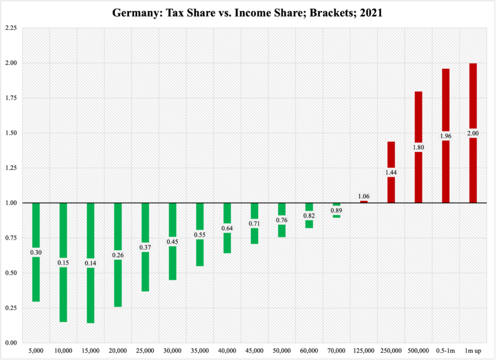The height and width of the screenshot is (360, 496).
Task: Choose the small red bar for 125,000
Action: [x=364, y=202]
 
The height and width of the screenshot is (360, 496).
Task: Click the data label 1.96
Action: [x=446, y=136]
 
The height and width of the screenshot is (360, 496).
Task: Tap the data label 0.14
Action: [x=91, y=264]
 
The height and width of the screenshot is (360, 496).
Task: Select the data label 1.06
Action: [x=364, y=196]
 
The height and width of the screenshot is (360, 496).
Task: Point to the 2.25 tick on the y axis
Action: [x=10, y=28]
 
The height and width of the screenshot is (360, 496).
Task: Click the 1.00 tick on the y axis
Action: [x=10, y=203]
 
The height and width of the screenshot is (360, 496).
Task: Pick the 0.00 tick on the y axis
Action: [x=10, y=343]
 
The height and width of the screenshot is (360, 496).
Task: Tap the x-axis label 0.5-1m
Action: [x=446, y=350]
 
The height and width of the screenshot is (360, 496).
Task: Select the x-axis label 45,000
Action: [x=254, y=350]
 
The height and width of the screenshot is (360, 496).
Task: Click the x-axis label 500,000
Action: [x=418, y=350]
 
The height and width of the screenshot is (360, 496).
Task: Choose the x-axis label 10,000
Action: [x=63, y=350]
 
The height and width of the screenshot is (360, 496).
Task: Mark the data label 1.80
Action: [x=418, y=148]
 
